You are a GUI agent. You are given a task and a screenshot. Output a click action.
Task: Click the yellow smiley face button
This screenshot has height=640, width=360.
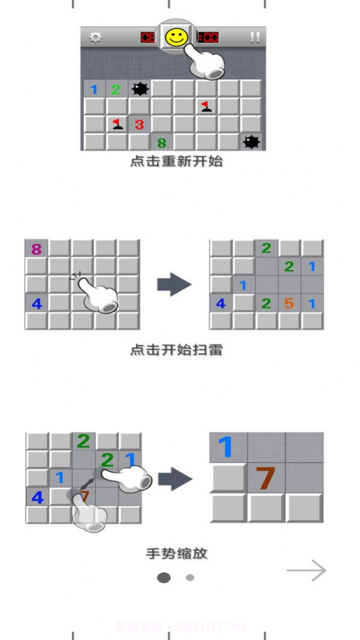(176, 38)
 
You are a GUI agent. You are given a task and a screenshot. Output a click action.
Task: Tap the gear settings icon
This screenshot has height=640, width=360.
(95, 37)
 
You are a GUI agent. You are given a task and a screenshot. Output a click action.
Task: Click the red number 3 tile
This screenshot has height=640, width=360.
(139, 124)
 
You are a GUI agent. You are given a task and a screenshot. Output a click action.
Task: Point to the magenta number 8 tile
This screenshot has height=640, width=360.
(36, 249)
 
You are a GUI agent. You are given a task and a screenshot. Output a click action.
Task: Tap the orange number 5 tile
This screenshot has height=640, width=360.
(288, 303)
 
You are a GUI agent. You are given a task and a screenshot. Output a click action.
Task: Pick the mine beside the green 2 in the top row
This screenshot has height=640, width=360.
(139, 89)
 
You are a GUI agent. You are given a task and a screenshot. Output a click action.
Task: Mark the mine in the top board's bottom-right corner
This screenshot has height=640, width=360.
(251, 142)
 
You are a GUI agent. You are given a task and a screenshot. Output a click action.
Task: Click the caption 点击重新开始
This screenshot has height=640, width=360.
(176, 162)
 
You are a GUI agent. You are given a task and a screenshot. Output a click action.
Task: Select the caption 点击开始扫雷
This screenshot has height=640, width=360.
(176, 350)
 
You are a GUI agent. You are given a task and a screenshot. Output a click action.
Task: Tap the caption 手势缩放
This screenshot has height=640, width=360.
(176, 553)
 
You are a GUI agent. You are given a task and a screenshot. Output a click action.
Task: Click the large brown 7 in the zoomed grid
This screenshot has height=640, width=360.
(265, 478)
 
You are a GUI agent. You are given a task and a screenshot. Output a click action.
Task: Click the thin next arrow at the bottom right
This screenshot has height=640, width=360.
(307, 571)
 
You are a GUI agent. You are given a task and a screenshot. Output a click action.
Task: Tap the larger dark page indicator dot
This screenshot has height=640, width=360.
(163, 578)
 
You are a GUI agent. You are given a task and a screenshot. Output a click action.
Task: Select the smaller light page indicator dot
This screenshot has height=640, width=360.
(190, 578)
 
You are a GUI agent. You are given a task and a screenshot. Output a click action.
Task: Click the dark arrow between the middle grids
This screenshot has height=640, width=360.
(174, 284)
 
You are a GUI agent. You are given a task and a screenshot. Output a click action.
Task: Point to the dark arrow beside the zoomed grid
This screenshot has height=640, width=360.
(175, 479)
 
